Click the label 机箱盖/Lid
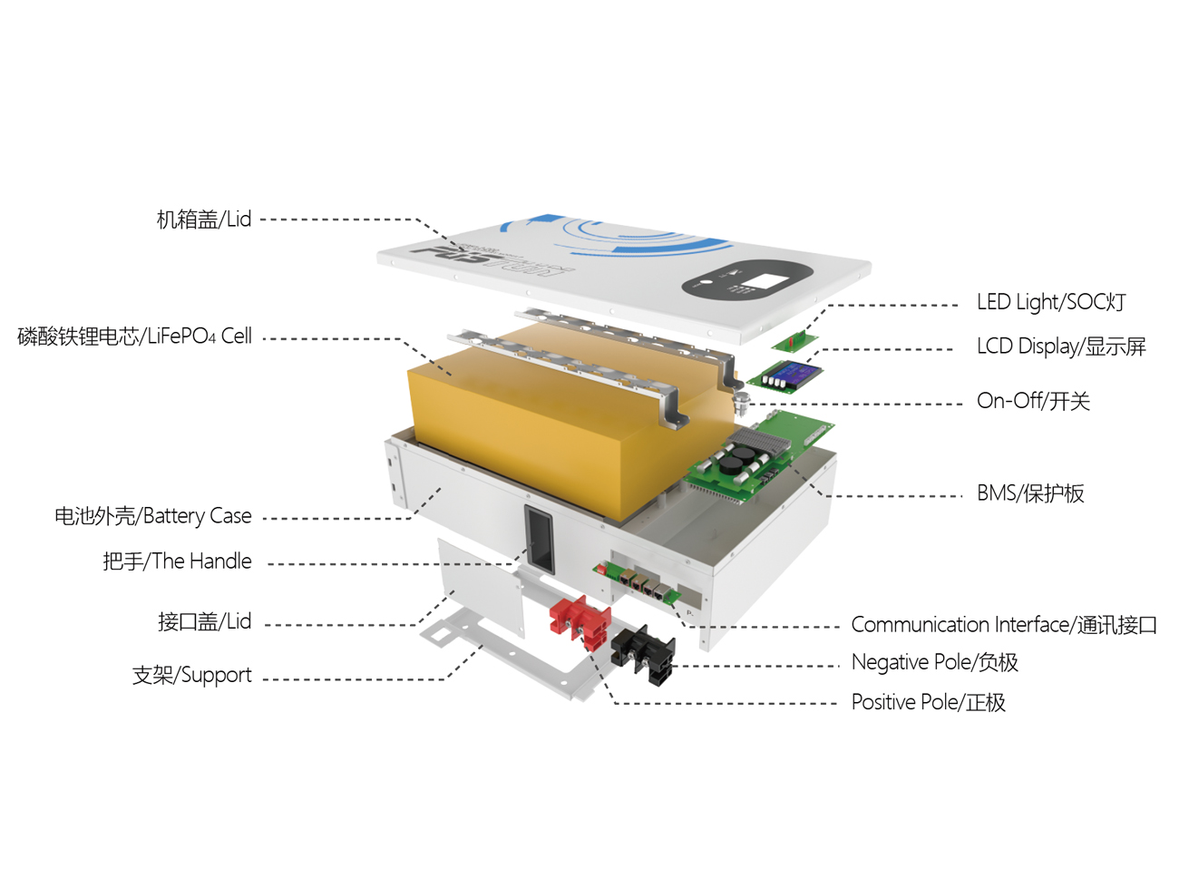click(203, 220)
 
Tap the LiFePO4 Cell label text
click(134, 337)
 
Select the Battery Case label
click(152, 516)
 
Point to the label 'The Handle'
click(177, 561)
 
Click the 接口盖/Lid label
click(204, 621)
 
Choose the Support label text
click(191, 675)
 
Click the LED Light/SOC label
click(1051, 302)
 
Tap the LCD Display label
click(1061, 346)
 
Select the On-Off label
click(1033, 401)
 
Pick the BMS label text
click(1030, 493)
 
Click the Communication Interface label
click(1003, 625)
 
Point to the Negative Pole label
click(934, 662)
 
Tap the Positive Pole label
click(928, 702)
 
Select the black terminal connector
click(644, 650)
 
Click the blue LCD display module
click(787, 374)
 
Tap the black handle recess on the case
click(539, 538)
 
